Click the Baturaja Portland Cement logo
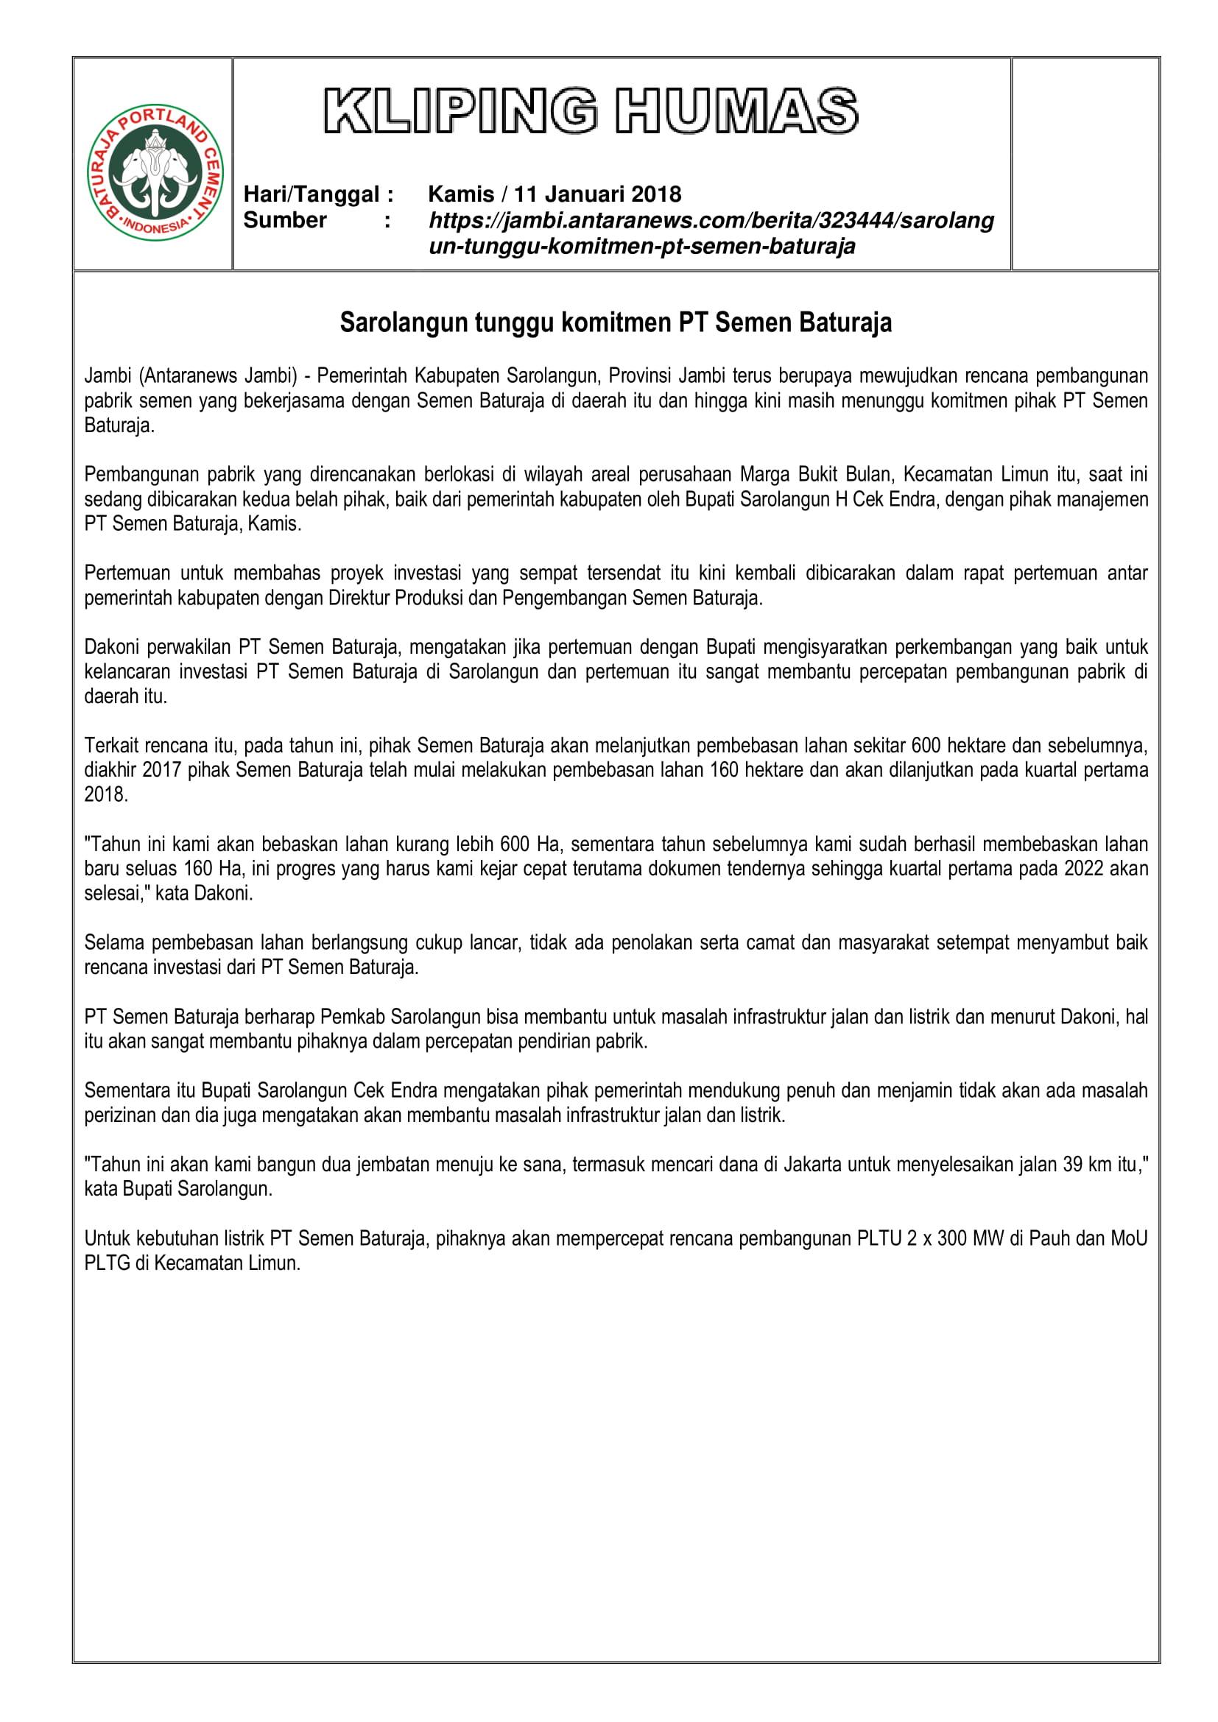pos(155,172)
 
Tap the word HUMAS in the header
pos(736,111)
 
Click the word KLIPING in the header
pos(460,111)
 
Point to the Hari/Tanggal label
pos(318,194)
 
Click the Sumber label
pos(285,219)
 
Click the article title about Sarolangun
pos(615,322)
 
